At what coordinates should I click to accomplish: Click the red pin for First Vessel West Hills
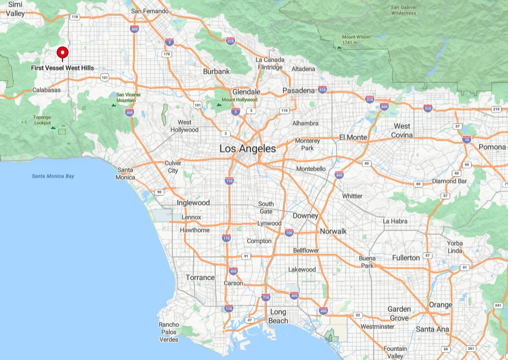click(x=63, y=52)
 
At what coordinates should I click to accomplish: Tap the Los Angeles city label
click(x=247, y=149)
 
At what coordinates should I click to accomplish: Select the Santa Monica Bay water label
click(x=52, y=176)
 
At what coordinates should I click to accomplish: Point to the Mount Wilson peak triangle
click(x=339, y=48)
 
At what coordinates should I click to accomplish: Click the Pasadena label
click(x=298, y=90)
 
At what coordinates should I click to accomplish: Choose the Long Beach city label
click(x=278, y=316)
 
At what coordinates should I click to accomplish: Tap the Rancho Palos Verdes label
click(x=169, y=332)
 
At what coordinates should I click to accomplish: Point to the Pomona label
click(x=492, y=147)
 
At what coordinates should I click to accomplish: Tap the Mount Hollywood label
click(x=239, y=99)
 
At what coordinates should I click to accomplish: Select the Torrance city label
click(x=200, y=278)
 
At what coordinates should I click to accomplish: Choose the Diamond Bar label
click(x=449, y=181)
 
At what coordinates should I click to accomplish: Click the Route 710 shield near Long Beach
click(x=266, y=297)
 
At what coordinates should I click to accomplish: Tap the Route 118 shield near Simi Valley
click(x=74, y=17)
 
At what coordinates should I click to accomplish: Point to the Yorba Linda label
click(x=454, y=247)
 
